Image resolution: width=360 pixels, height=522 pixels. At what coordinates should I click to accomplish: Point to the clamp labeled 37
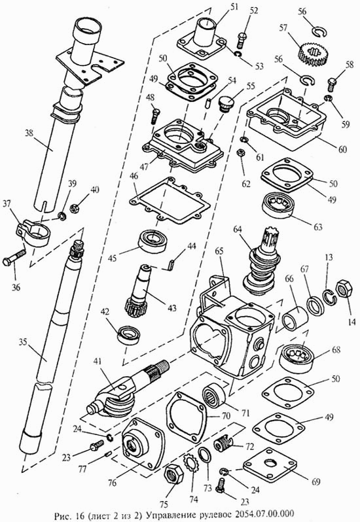point(32,233)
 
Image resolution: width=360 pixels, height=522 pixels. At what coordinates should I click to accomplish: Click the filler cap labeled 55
point(226,103)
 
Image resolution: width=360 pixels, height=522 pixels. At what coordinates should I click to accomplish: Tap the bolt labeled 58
point(333,84)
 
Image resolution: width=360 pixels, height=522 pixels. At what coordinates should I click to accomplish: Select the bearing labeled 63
point(279,207)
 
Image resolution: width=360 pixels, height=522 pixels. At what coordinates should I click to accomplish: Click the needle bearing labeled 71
point(215,396)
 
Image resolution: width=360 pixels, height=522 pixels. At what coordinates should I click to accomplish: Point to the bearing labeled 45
point(152,241)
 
